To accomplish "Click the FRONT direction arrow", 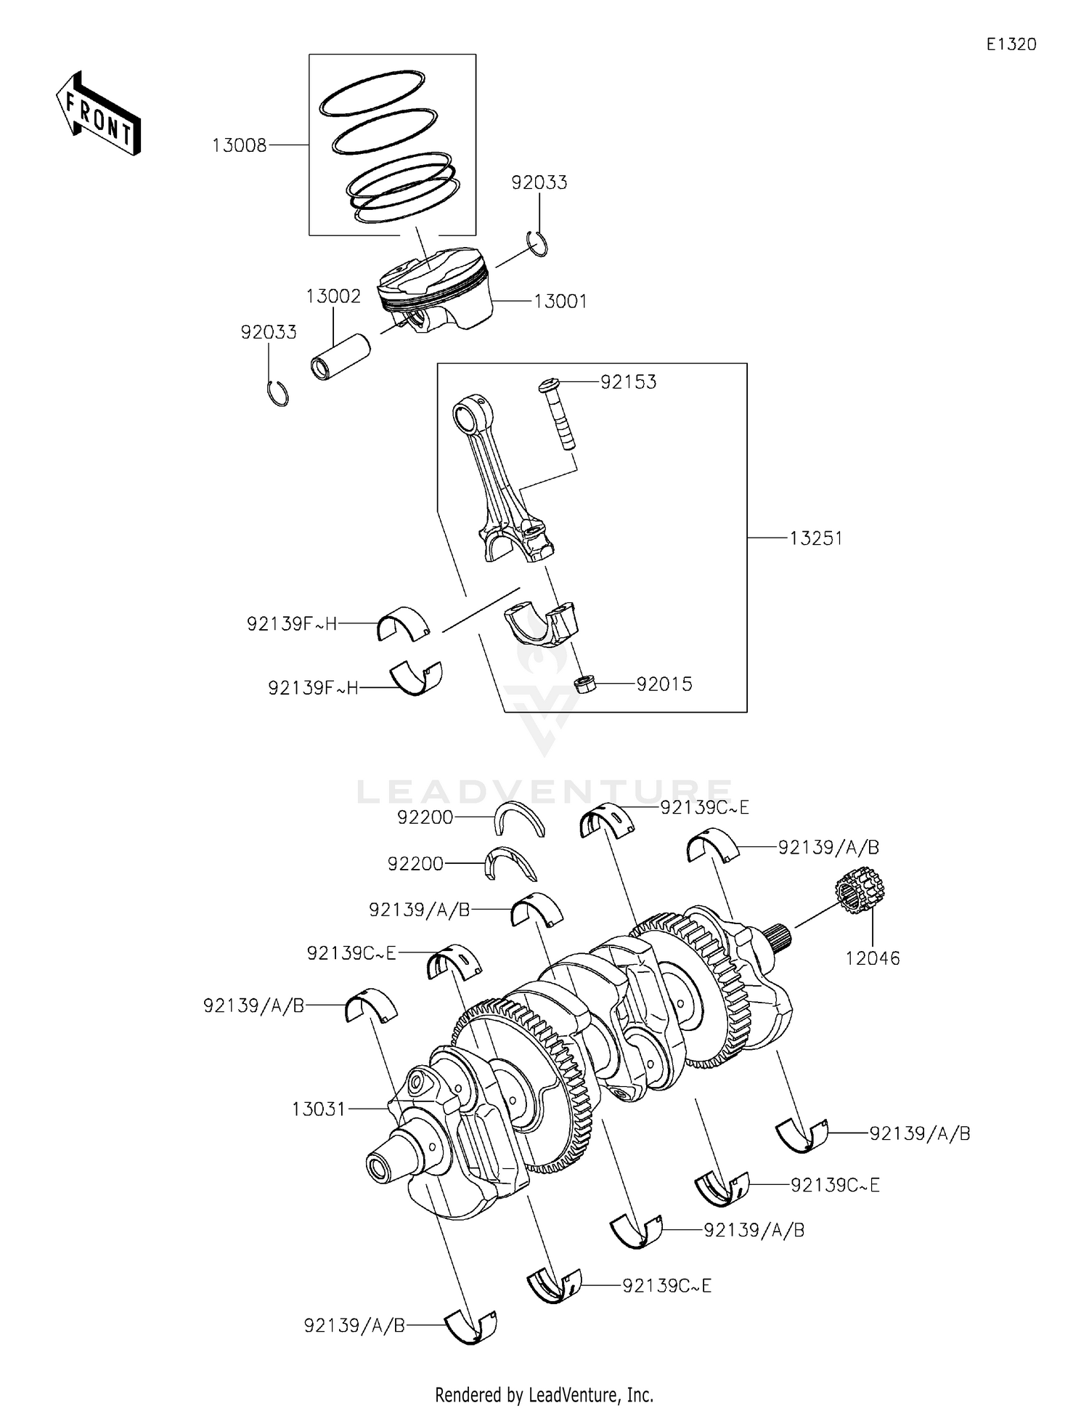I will click(x=99, y=114).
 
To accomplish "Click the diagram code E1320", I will click(x=1011, y=44).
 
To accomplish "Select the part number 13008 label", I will click(x=239, y=146).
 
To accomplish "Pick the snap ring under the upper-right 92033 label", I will click(x=538, y=243).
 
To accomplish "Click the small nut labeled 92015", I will click(x=585, y=684).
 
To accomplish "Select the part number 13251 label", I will click(x=815, y=538).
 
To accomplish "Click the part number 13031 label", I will click(x=318, y=1109).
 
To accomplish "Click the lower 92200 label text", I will click(x=415, y=864).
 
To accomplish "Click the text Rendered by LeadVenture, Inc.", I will click(x=544, y=1394).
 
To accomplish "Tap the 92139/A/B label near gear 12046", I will click(x=828, y=847).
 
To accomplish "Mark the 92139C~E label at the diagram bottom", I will click(x=666, y=1286).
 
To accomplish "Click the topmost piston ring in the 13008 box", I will click(x=372, y=93).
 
